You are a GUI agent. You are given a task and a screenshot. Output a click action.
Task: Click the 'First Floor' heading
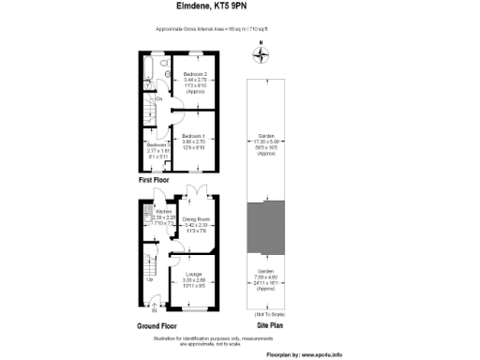point(157,179)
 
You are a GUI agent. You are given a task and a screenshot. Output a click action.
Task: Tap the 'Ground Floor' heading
point(160,325)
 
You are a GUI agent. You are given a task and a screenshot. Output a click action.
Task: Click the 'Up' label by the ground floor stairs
point(150,279)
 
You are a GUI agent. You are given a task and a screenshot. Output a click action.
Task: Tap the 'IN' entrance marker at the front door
point(154,310)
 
